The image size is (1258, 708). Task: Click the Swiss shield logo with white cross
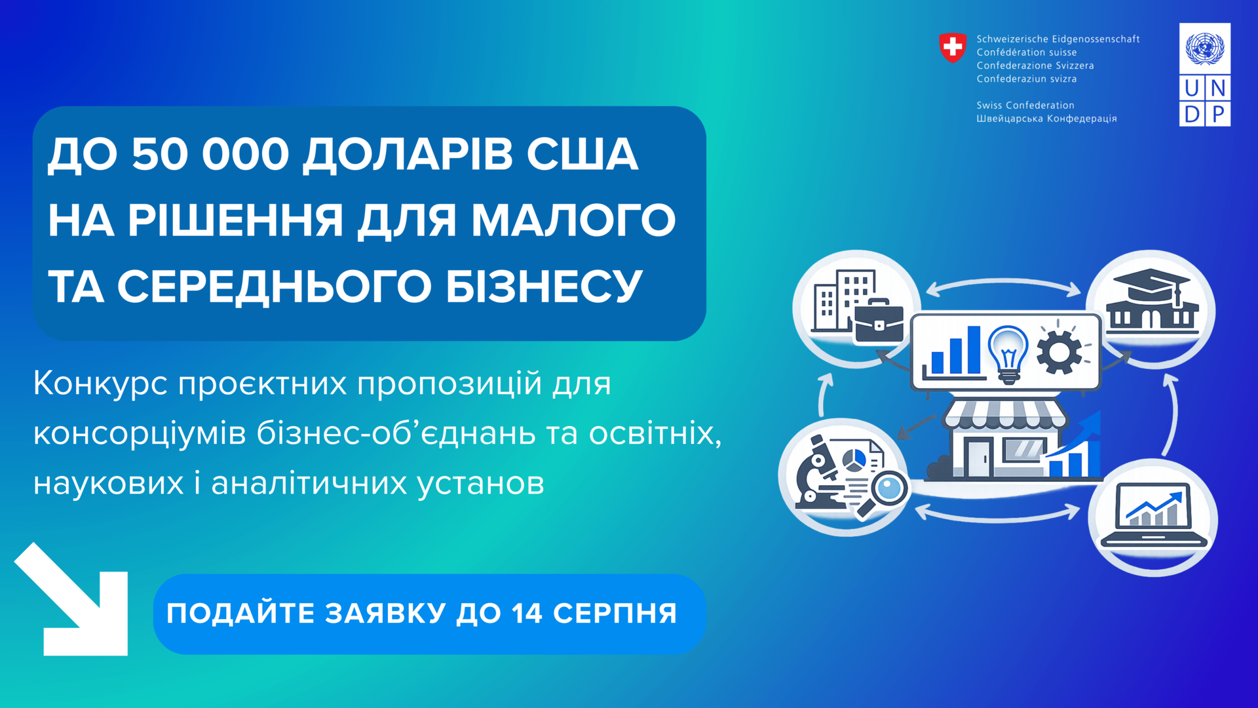click(953, 48)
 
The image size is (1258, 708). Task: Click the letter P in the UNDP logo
click(1218, 114)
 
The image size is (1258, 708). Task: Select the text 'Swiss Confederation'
click(1025, 105)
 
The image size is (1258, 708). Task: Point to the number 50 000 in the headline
click(210, 155)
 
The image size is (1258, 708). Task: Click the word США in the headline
click(582, 155)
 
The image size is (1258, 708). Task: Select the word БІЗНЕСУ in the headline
click(544, 286)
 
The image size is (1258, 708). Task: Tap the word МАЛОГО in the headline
click(574, 220)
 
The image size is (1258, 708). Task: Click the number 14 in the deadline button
click(527, 614)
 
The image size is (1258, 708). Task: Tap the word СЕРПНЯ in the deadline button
click(615, 614)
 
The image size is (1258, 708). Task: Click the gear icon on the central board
click(1059, 350)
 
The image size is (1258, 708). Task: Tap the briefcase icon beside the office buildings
click(879, 322)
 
